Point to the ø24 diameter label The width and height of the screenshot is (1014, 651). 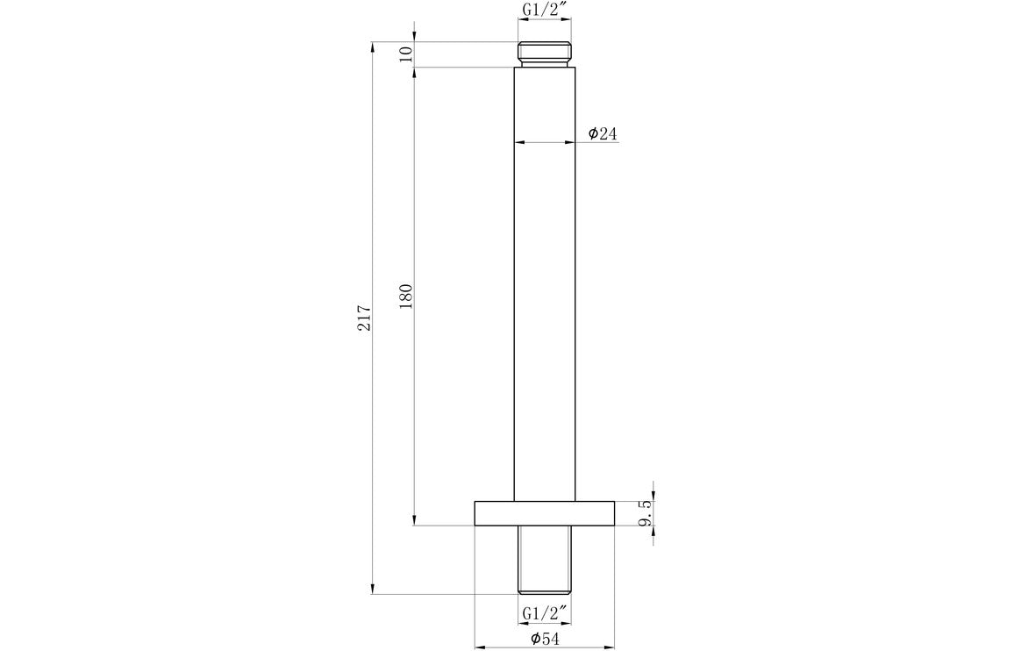603,133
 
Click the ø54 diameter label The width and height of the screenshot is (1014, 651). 545,639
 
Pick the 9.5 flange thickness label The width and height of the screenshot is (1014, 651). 646,513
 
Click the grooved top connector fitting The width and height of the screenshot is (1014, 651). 544,54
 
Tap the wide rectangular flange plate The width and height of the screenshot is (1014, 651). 544,513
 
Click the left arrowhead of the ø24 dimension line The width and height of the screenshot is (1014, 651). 519,142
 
